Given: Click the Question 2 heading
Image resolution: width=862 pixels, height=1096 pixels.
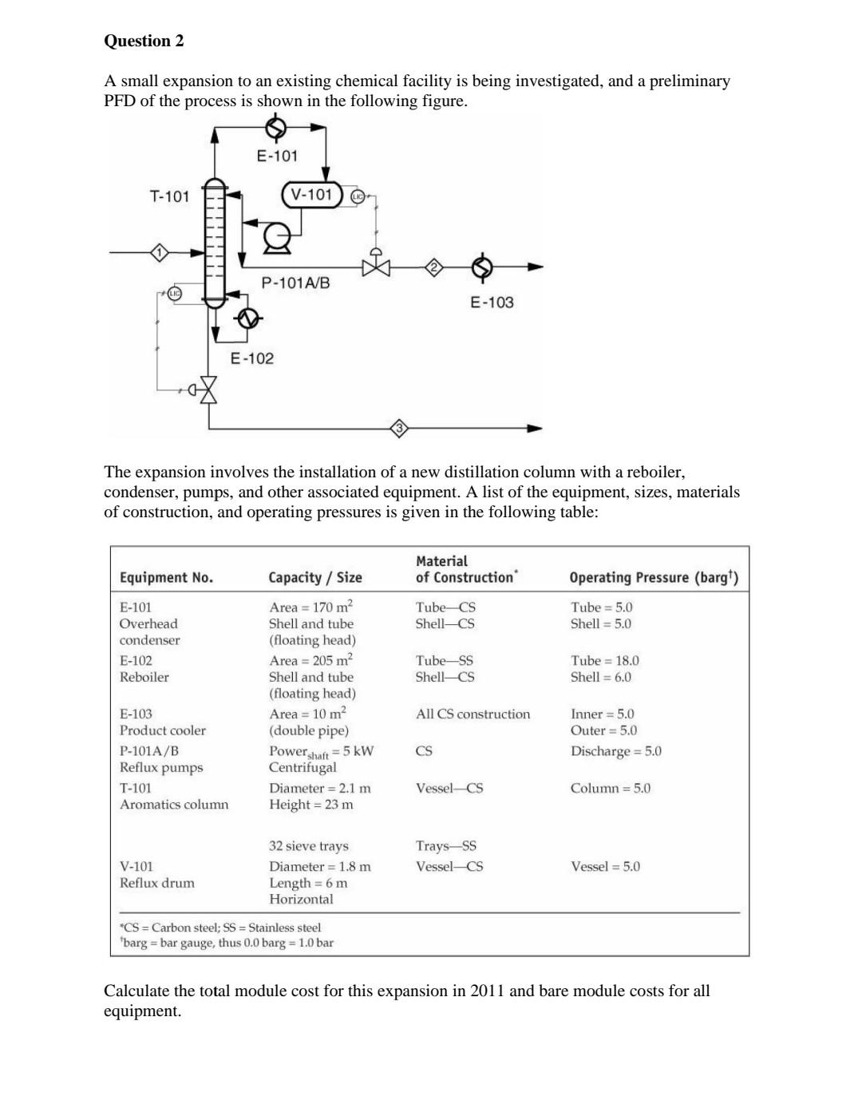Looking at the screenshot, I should (x=144, y=42).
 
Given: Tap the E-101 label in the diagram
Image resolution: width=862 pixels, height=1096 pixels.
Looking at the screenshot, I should (x=277, y=156).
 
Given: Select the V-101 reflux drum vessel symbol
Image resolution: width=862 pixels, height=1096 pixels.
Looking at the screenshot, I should (x=311, y=194).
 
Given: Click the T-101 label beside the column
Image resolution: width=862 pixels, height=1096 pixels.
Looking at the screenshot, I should (x=170, y=196).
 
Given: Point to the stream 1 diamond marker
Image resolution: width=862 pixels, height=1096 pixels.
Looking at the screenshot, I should (x=160, y=253).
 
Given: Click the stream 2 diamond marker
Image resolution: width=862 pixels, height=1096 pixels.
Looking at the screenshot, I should (x=433, y=267).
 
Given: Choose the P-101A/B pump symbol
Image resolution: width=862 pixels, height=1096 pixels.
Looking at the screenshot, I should (x=276, y=236).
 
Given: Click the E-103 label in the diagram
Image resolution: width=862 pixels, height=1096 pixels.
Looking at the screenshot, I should (x=492, y=303).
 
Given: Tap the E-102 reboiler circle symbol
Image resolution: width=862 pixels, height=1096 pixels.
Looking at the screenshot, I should (x=248, y=319).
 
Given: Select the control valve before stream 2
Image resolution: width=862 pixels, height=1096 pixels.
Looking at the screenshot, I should (x=376, y=266).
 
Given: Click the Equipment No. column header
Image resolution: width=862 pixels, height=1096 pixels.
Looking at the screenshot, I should (x=166, y=577).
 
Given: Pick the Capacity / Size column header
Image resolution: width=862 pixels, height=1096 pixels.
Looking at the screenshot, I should (x=315, y=577).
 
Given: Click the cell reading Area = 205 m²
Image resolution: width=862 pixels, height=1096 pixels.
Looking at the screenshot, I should (x=310, y=660).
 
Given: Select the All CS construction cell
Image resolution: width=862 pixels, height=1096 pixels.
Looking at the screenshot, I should (x=473, y=714).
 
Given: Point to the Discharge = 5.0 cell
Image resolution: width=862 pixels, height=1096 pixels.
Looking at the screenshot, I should (x=615, y=751).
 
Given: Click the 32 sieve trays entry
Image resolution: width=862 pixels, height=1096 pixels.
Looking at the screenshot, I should (x=308, y=845).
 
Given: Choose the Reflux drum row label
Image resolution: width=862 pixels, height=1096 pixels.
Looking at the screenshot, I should (x=156, y=883).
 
